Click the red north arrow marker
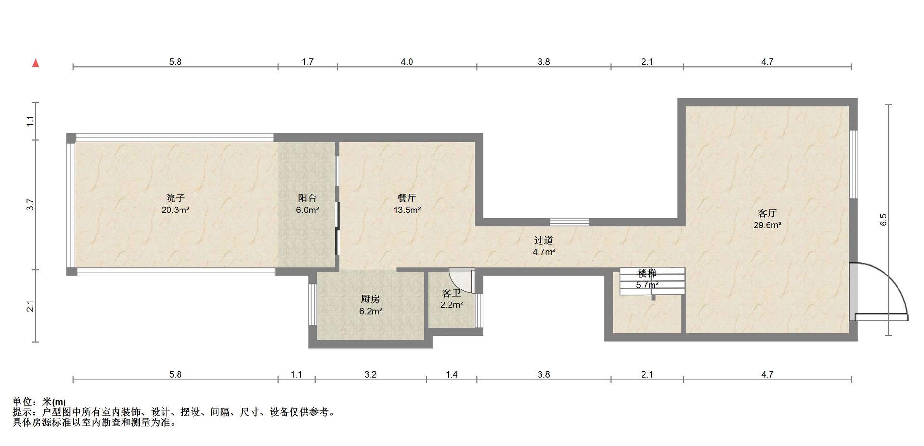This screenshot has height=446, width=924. pos(35,63)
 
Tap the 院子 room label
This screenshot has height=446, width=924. pos(175,198)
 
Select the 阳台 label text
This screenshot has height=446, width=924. pos(308,198)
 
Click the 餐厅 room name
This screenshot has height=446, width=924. pos(407,198)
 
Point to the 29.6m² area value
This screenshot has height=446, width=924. pos(767,225)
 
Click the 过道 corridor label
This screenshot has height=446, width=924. pos(544,240)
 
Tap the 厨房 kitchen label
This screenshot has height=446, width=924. pos(371,299)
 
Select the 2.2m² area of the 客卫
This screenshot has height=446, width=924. pos(451,305)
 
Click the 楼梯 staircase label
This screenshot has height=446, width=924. pos(647,274)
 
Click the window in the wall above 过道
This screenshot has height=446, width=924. pos(569,222)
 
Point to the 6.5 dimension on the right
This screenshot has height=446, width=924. pos(883,220)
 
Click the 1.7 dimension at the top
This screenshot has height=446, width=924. pos(308,62)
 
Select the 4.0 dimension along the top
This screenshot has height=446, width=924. pos(407,62)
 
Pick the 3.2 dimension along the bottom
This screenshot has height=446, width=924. pos(371,374)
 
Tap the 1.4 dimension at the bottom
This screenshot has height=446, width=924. pos(451,374)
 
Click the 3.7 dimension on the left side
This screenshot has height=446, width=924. pos(30,205)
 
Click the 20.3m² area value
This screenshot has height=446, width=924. pos(175,210)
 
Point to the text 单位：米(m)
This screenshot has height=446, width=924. pos(39,402)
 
